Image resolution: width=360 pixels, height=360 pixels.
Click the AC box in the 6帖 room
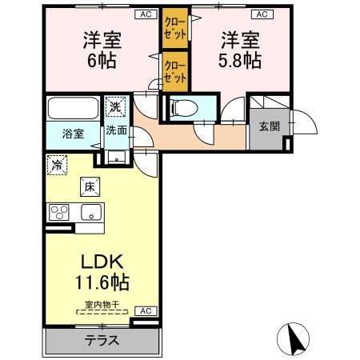[146, 14]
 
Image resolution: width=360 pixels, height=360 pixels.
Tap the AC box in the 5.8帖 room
[261, 14]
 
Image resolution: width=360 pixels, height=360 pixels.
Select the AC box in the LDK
[146, 310]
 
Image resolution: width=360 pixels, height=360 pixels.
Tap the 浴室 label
[73, 134]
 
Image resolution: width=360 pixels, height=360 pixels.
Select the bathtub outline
[73, 108]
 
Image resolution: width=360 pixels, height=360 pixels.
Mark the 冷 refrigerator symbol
[59, 165]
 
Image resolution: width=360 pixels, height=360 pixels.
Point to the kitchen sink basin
[90, 212]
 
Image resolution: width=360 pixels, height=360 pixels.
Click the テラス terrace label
[102, 339]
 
